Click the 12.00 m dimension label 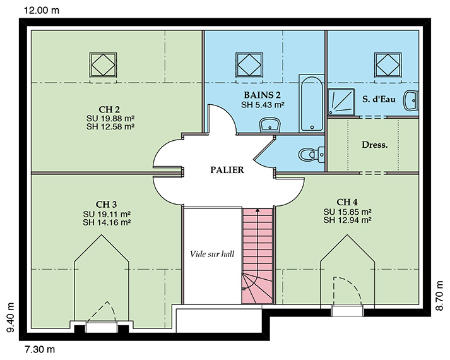point(42,11)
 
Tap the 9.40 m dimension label point(11,318)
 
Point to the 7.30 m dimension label point(40,350)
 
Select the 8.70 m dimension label point(439,296)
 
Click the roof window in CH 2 point(103,65)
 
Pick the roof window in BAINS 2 point(249,65)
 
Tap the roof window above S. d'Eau point(388,65)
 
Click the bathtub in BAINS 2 point(311,104)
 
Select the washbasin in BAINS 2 point(269,125)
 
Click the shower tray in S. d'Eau point(341,102)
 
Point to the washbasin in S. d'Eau point(411,100)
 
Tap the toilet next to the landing point(311,154)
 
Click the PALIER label point(227,170)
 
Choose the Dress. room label point(374,145)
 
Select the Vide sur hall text point(212,254)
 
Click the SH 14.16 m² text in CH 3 point(107,222)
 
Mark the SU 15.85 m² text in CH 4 point(348,212)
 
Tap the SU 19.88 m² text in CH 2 point(110,118)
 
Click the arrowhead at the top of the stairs point(258,210)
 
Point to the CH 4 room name point(347,202)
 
